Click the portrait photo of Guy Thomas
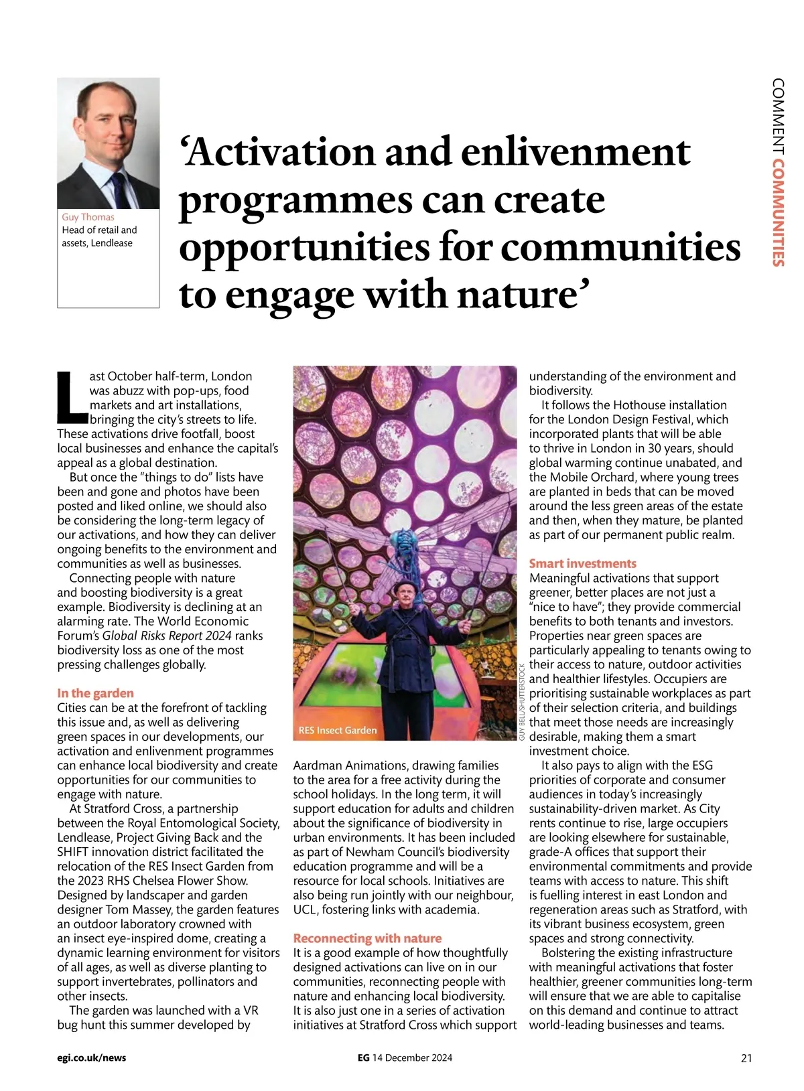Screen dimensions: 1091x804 tap(108, 143)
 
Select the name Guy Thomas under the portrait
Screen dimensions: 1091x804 tap(88, 217)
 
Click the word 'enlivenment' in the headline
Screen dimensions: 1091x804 tap(576, 152)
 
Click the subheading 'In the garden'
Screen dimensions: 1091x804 tap(95, 693)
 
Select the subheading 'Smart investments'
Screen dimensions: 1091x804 tap(582, 563)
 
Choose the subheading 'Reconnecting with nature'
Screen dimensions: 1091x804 tap(367, 938)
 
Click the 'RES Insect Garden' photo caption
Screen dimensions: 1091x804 tap(338, 730)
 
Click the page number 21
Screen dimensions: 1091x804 tap(746, 1058)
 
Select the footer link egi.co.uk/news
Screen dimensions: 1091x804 tap(92, 1058)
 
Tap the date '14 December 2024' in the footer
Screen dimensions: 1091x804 tap(412, 1058)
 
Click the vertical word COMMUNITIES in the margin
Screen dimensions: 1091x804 tap(778, 214)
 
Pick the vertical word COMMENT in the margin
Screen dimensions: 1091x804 tap(778, 117)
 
